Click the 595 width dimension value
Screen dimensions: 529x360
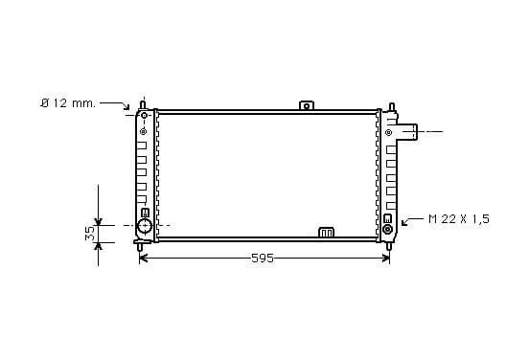click(x=263, y=259)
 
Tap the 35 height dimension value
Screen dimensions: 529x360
click(x=90, y=234)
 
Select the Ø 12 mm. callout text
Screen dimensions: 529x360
click(x=68, y=103)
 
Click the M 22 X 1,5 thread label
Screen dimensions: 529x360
click(x=459, y=219)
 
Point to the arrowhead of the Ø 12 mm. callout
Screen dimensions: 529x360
click(x=126, y=107)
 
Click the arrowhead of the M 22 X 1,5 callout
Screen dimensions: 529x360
click(x=404, y=222)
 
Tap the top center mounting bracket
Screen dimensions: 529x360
click(x=307, y=105)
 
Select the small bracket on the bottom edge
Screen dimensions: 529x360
click(x=326, y=233)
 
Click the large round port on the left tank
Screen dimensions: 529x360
click(x=145, y=226)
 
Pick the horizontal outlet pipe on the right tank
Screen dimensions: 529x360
click(x=407, y=132)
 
